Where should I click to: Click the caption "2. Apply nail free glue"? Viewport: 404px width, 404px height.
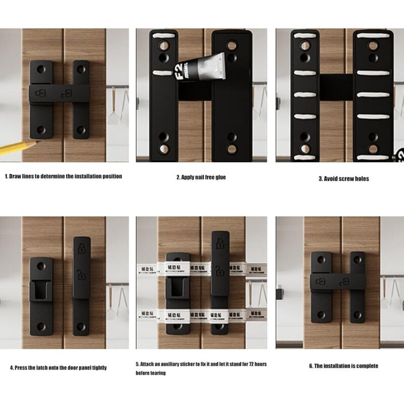[201, 177]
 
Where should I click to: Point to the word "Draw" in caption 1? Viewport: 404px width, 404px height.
[16, 176]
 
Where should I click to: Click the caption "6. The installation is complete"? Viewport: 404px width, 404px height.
[343, 366]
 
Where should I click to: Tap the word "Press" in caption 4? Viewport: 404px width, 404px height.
[23, 368]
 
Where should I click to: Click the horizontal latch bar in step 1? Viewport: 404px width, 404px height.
[60, 93]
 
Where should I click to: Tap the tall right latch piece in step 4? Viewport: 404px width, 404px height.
[82, 285]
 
